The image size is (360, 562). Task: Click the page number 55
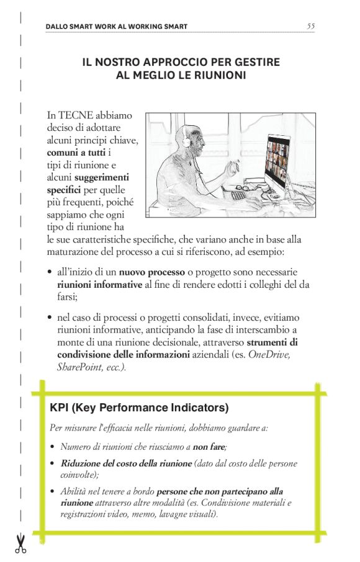pos(310,26)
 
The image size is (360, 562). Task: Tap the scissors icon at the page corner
pos(20,543)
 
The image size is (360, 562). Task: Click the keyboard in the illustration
pos(239,195)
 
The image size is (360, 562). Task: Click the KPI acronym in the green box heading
pos(60,408)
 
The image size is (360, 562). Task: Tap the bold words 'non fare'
pos(209,446)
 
